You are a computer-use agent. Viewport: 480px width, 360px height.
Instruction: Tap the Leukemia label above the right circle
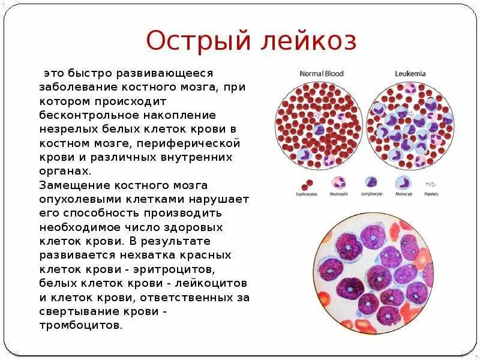click(x=410, y=73)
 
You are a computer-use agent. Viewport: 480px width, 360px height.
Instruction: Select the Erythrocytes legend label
click(x=306, y=194)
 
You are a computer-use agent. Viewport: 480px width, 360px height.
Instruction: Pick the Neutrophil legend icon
click(x=338, y=183)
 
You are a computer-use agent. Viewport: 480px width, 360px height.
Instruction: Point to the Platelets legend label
click(x=431, y=194)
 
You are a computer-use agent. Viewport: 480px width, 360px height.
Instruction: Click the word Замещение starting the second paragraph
click(x=68, y=184)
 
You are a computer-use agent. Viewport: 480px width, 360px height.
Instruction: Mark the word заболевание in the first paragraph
click(x=76, y=86)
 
